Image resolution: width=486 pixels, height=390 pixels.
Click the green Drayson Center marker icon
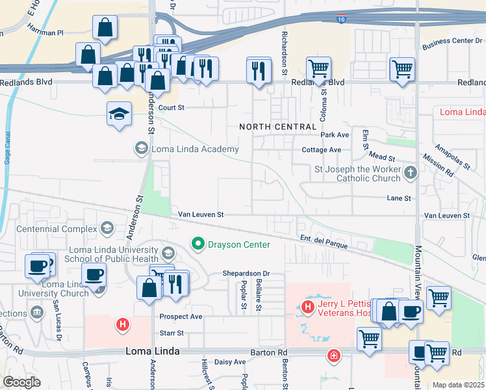pos(199,244)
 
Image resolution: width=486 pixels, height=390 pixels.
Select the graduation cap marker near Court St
pos(120,114)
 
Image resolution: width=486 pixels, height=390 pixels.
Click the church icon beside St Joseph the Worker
pos(410,173)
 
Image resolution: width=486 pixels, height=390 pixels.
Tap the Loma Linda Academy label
pos(194,149)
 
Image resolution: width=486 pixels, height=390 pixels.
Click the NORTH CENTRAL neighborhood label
pos(278,126)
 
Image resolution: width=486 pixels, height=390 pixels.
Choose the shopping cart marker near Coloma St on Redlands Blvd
pos(318,68)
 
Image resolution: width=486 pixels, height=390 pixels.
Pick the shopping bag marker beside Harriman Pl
pos(105,28)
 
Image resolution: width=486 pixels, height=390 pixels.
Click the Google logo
pos(21,382)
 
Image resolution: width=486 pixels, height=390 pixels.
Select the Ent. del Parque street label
pos(324,242)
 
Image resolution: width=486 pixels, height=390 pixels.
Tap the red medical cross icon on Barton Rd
pos(333,356)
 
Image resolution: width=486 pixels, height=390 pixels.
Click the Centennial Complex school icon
pos(107,228)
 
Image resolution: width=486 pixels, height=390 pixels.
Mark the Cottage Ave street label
pos(322,149)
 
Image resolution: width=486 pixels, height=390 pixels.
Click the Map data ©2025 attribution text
pos(458,385)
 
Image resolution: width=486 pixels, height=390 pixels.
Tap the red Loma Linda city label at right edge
pos(462,112)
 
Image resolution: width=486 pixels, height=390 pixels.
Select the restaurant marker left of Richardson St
pos(259,70)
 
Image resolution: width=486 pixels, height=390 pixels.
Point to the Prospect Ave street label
pos(181,317)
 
